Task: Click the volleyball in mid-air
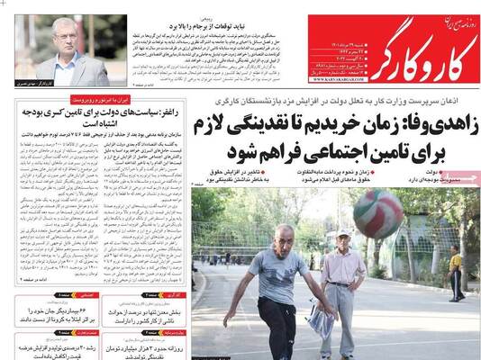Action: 377,213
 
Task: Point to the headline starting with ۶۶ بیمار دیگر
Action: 53,312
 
